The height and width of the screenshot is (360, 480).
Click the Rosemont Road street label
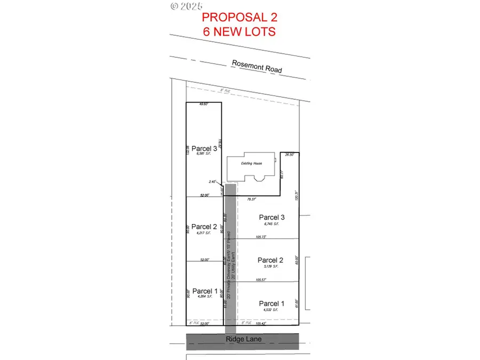(x=257, y=67)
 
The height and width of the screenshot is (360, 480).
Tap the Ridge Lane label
(x=242, y=339)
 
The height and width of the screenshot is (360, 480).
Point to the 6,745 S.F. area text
(x=272, y=223)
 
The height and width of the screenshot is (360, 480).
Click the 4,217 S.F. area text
(x=203, y=233)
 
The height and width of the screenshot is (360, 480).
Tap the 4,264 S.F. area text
(x=203, y=297)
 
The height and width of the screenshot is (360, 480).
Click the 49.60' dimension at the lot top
(x=203, y=105)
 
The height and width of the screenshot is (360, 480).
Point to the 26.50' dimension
(x=290, y=155)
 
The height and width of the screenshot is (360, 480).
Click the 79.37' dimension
(x=252, y=199)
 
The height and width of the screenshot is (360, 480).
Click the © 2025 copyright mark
(x=187, y=6)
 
